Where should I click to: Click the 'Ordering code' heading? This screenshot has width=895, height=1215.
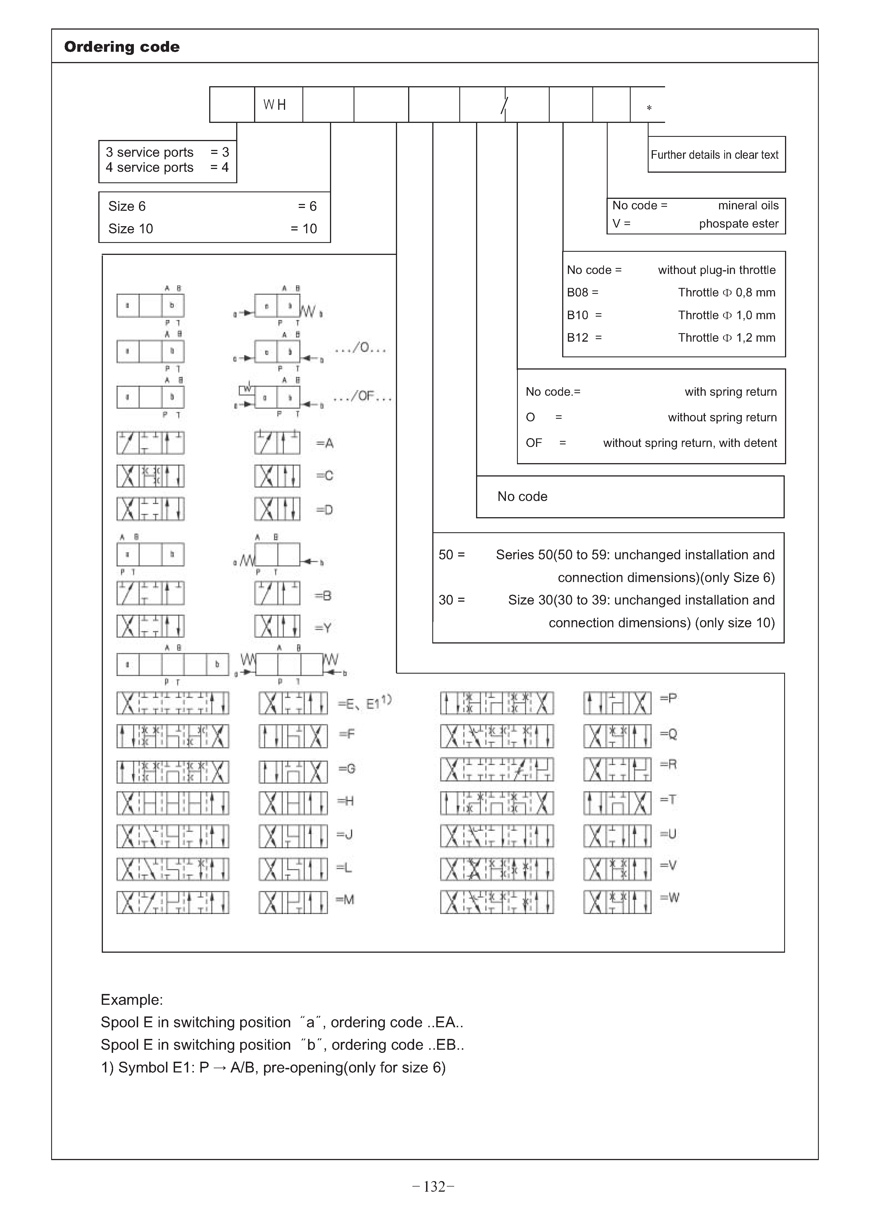(x=122, y=47)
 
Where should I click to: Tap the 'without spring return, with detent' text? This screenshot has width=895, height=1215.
(x=690, y=443)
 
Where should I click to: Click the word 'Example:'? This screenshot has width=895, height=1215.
(x=132, y=1000)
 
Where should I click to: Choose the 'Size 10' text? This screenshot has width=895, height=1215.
(x=130, y=229)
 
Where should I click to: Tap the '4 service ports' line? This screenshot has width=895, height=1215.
(x=149, y=168)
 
